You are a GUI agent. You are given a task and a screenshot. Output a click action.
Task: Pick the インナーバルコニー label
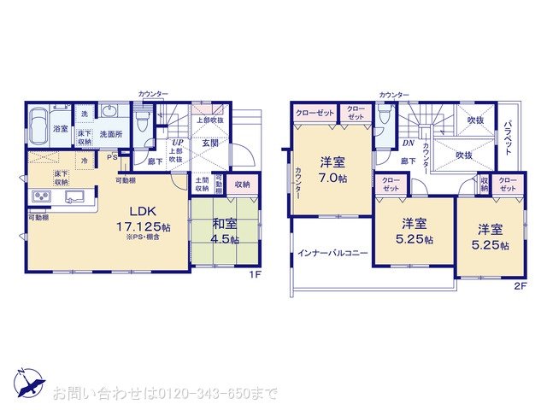(x=333, y=254)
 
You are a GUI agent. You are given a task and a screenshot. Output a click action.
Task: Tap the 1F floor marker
(x=254, y=274)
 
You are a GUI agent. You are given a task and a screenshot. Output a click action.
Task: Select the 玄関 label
(x=210, y=143)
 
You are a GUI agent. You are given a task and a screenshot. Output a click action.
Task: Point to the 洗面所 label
(x=112, y=134)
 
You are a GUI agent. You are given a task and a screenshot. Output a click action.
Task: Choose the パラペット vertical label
(x=506, y=137)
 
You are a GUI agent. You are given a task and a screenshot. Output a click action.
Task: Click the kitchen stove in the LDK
(x=41, y=199)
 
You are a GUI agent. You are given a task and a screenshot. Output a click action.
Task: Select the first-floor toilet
(x=143, y=117)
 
